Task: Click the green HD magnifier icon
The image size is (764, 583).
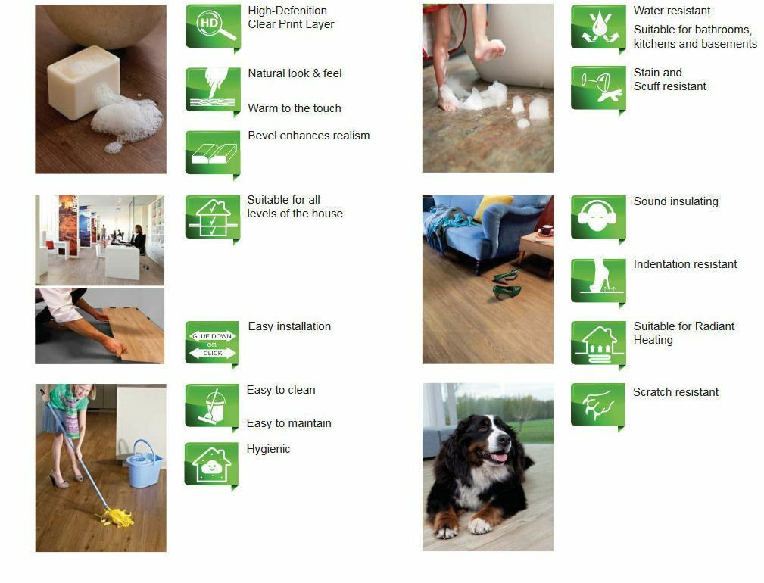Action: pos(213,26)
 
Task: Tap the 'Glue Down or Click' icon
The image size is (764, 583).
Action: pos(212,344)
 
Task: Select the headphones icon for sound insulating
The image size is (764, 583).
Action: pos(597,217)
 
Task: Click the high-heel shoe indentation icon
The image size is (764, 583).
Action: pos(597,280)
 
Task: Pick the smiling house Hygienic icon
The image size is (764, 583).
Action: pos(211,464)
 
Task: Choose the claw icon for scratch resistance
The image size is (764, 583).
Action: pos(597,405)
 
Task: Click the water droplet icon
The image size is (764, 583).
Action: pos(597,26)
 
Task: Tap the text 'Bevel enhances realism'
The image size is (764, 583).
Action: pos(309,136)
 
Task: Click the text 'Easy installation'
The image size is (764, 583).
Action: pos(289,326)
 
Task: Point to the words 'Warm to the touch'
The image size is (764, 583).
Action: pos(295,108)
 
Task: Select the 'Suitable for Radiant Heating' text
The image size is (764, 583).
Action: pos(684,333)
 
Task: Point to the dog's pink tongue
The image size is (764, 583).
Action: pos(497,457)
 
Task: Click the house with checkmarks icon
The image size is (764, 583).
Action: pos(213,217)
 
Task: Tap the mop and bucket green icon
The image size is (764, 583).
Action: pos(212,406)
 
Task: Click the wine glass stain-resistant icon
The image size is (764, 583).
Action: pos(597,88)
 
